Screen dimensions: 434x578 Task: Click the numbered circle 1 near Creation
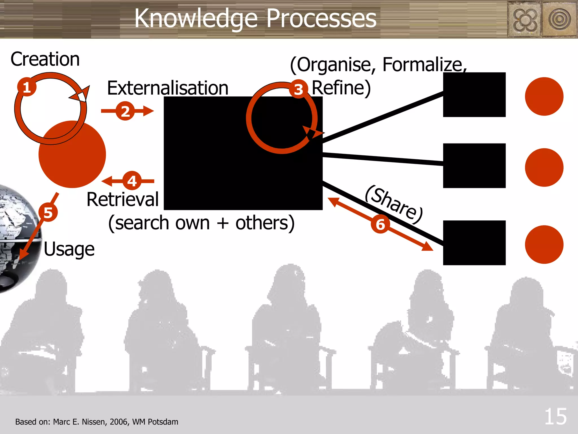27,87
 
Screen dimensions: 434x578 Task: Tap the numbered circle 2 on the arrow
125,111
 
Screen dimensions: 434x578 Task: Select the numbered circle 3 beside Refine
298,90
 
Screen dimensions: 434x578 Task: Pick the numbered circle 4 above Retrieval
132,181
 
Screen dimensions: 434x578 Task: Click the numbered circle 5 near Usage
48,212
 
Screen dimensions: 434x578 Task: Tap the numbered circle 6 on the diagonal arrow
380,224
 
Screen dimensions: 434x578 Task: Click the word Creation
45,59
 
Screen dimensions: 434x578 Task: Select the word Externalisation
168,88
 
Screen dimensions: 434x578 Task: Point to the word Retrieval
122,199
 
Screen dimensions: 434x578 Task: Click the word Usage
69,249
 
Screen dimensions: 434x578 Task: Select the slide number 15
555,416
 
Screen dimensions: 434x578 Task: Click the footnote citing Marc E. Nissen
97,422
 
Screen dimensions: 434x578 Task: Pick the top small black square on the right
474,95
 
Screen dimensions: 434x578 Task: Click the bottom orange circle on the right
544,244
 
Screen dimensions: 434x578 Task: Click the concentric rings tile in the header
559,19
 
